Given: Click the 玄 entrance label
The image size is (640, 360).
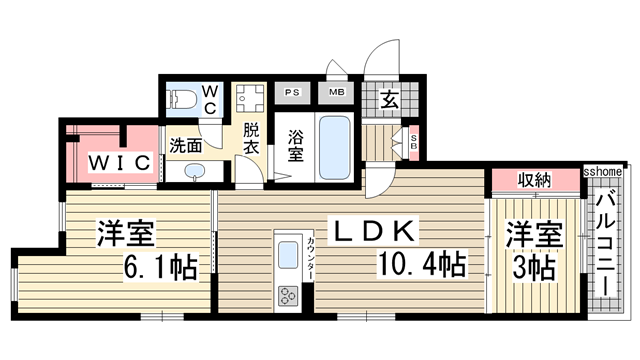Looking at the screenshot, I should [388, 100].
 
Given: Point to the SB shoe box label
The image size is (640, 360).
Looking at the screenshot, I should [415, 141].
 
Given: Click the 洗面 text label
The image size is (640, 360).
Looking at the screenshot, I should [184, 143].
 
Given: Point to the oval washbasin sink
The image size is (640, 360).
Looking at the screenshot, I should [193, 171].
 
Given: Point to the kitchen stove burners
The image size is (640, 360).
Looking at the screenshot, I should [288, 295].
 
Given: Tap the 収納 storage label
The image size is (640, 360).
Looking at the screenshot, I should [535, 180].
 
